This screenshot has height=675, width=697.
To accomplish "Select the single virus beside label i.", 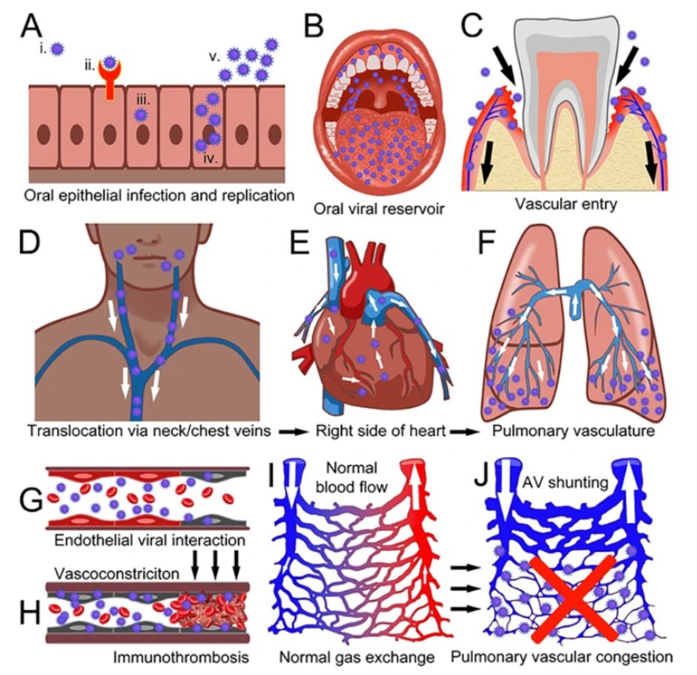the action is click(57, 47).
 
